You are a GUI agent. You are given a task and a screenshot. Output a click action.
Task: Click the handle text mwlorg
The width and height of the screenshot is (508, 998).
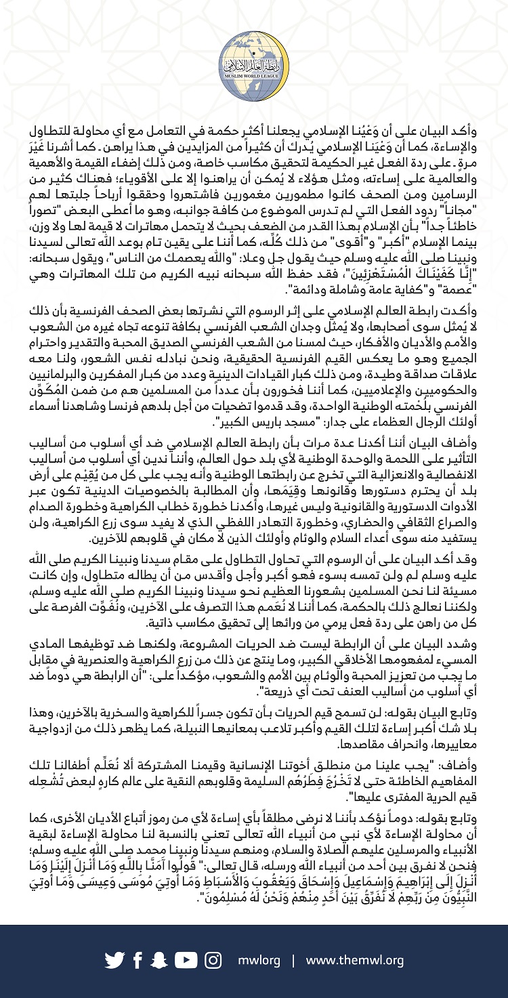click(x=257, y=960)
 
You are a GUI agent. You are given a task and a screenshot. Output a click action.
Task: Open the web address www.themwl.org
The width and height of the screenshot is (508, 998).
click(x=355, y=960)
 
